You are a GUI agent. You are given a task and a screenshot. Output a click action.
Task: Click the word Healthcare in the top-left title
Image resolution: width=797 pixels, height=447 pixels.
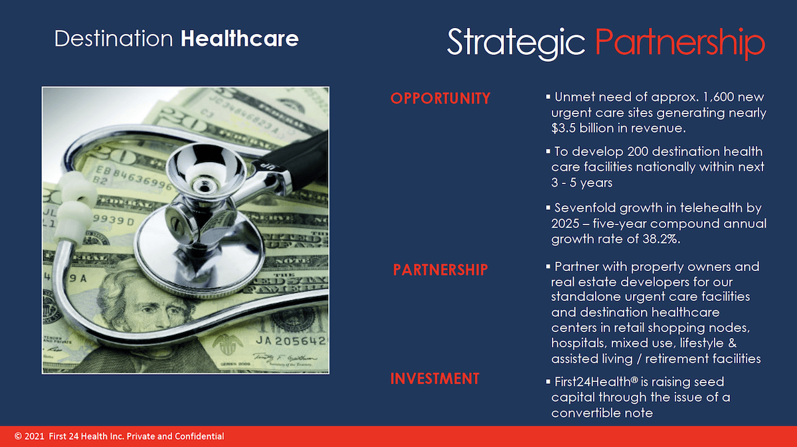pos(240,39)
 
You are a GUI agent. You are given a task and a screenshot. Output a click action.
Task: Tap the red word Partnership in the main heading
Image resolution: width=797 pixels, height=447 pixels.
pos(680,43)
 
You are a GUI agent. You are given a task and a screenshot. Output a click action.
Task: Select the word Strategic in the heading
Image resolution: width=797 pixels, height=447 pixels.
pos(516,43)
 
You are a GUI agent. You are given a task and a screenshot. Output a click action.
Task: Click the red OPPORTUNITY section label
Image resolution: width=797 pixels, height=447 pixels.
pos(440,98)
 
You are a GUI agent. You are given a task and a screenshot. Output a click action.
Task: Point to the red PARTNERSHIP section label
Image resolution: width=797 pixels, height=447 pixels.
pos(440,270)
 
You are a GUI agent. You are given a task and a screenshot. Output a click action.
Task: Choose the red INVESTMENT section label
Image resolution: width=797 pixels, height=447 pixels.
pos(435,379)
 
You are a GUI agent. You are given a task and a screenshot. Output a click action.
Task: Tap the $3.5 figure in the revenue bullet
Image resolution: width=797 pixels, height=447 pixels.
pos(563,128)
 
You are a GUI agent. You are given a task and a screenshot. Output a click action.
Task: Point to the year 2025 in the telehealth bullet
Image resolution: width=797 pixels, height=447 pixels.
pos(565,223)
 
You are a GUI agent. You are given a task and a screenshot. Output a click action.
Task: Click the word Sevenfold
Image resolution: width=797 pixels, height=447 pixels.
pos(585,208)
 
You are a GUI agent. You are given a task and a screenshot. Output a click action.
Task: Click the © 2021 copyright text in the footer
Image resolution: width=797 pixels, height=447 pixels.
pos(29,436)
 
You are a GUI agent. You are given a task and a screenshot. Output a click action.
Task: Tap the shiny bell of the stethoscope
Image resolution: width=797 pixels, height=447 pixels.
pos(206,168)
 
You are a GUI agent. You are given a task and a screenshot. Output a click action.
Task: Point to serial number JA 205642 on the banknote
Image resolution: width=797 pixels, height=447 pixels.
pos(291,341)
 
